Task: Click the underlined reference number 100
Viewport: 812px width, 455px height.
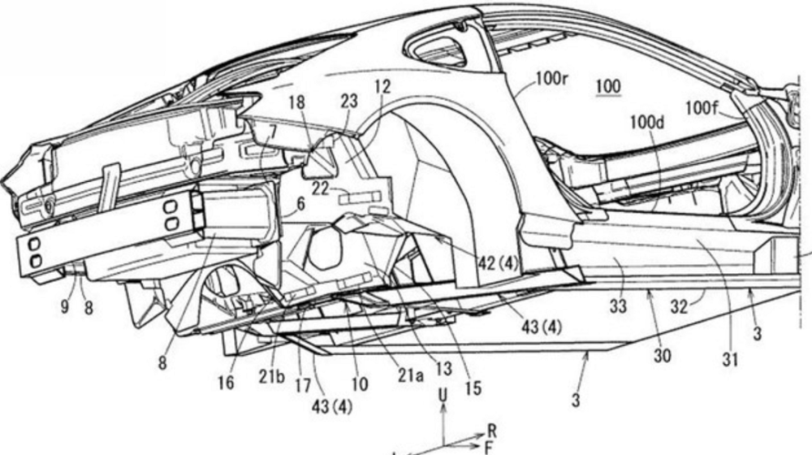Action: click(608, 86)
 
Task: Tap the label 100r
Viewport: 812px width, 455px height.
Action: click(552, 79)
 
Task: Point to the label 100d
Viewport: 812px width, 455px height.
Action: click(647, 123)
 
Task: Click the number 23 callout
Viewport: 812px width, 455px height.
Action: click(349, 101)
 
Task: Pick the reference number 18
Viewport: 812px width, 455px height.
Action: click(296, 102)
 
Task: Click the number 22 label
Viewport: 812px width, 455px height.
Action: click(320, 188)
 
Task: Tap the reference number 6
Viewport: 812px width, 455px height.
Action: click(301, 205)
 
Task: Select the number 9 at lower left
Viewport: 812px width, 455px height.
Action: click(65, 307)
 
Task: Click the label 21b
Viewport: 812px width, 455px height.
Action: click(272, 377)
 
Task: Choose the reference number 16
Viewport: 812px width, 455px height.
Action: click(226, 383)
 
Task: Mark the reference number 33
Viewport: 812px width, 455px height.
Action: click(618, 307)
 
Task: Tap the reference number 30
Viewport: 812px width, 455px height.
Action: click(663, 356)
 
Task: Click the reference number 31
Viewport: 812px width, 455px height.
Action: click(730, 359)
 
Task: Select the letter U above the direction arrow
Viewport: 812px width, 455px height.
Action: click(443, 396)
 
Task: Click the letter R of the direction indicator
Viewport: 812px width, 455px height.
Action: click(492, 430)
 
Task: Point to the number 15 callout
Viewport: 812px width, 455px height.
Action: click(473, 387)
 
